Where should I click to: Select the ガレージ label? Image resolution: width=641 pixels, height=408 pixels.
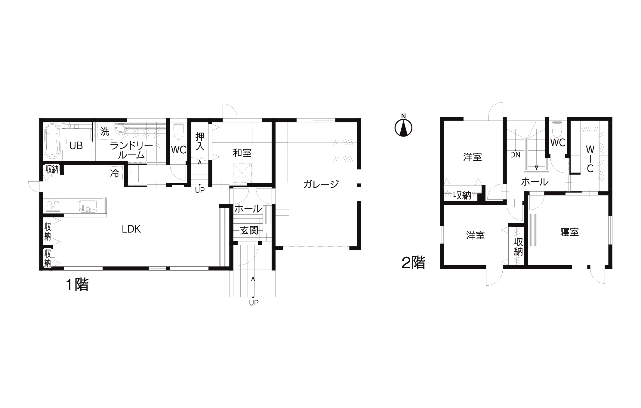pos(321,184)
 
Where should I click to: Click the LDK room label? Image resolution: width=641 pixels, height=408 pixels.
pos(131,229)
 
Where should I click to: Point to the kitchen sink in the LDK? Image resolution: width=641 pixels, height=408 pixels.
pos(88,206)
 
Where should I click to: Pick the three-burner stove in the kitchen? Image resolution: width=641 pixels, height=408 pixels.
pos(53,206)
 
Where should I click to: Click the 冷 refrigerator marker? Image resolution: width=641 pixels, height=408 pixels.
pos(115,173)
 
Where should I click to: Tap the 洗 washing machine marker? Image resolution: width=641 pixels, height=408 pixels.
pos(105,132)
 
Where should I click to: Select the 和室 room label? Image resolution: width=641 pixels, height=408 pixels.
pos(242,153)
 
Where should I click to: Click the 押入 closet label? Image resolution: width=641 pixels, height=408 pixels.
pos(200,141)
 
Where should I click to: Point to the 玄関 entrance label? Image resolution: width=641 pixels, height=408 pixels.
pos(249,231)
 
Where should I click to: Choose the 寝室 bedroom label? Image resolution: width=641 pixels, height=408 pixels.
pos(570,232)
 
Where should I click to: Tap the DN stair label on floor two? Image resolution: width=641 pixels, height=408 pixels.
pos(515,155)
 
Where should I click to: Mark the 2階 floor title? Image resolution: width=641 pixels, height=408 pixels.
pos(414,263)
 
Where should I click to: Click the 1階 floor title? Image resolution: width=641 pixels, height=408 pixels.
pos(77,285)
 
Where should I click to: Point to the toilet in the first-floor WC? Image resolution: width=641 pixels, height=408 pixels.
pos(179,131)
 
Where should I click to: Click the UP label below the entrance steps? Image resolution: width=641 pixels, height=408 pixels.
pos(254,303)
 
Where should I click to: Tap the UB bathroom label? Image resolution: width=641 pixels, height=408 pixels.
pos(76,146)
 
